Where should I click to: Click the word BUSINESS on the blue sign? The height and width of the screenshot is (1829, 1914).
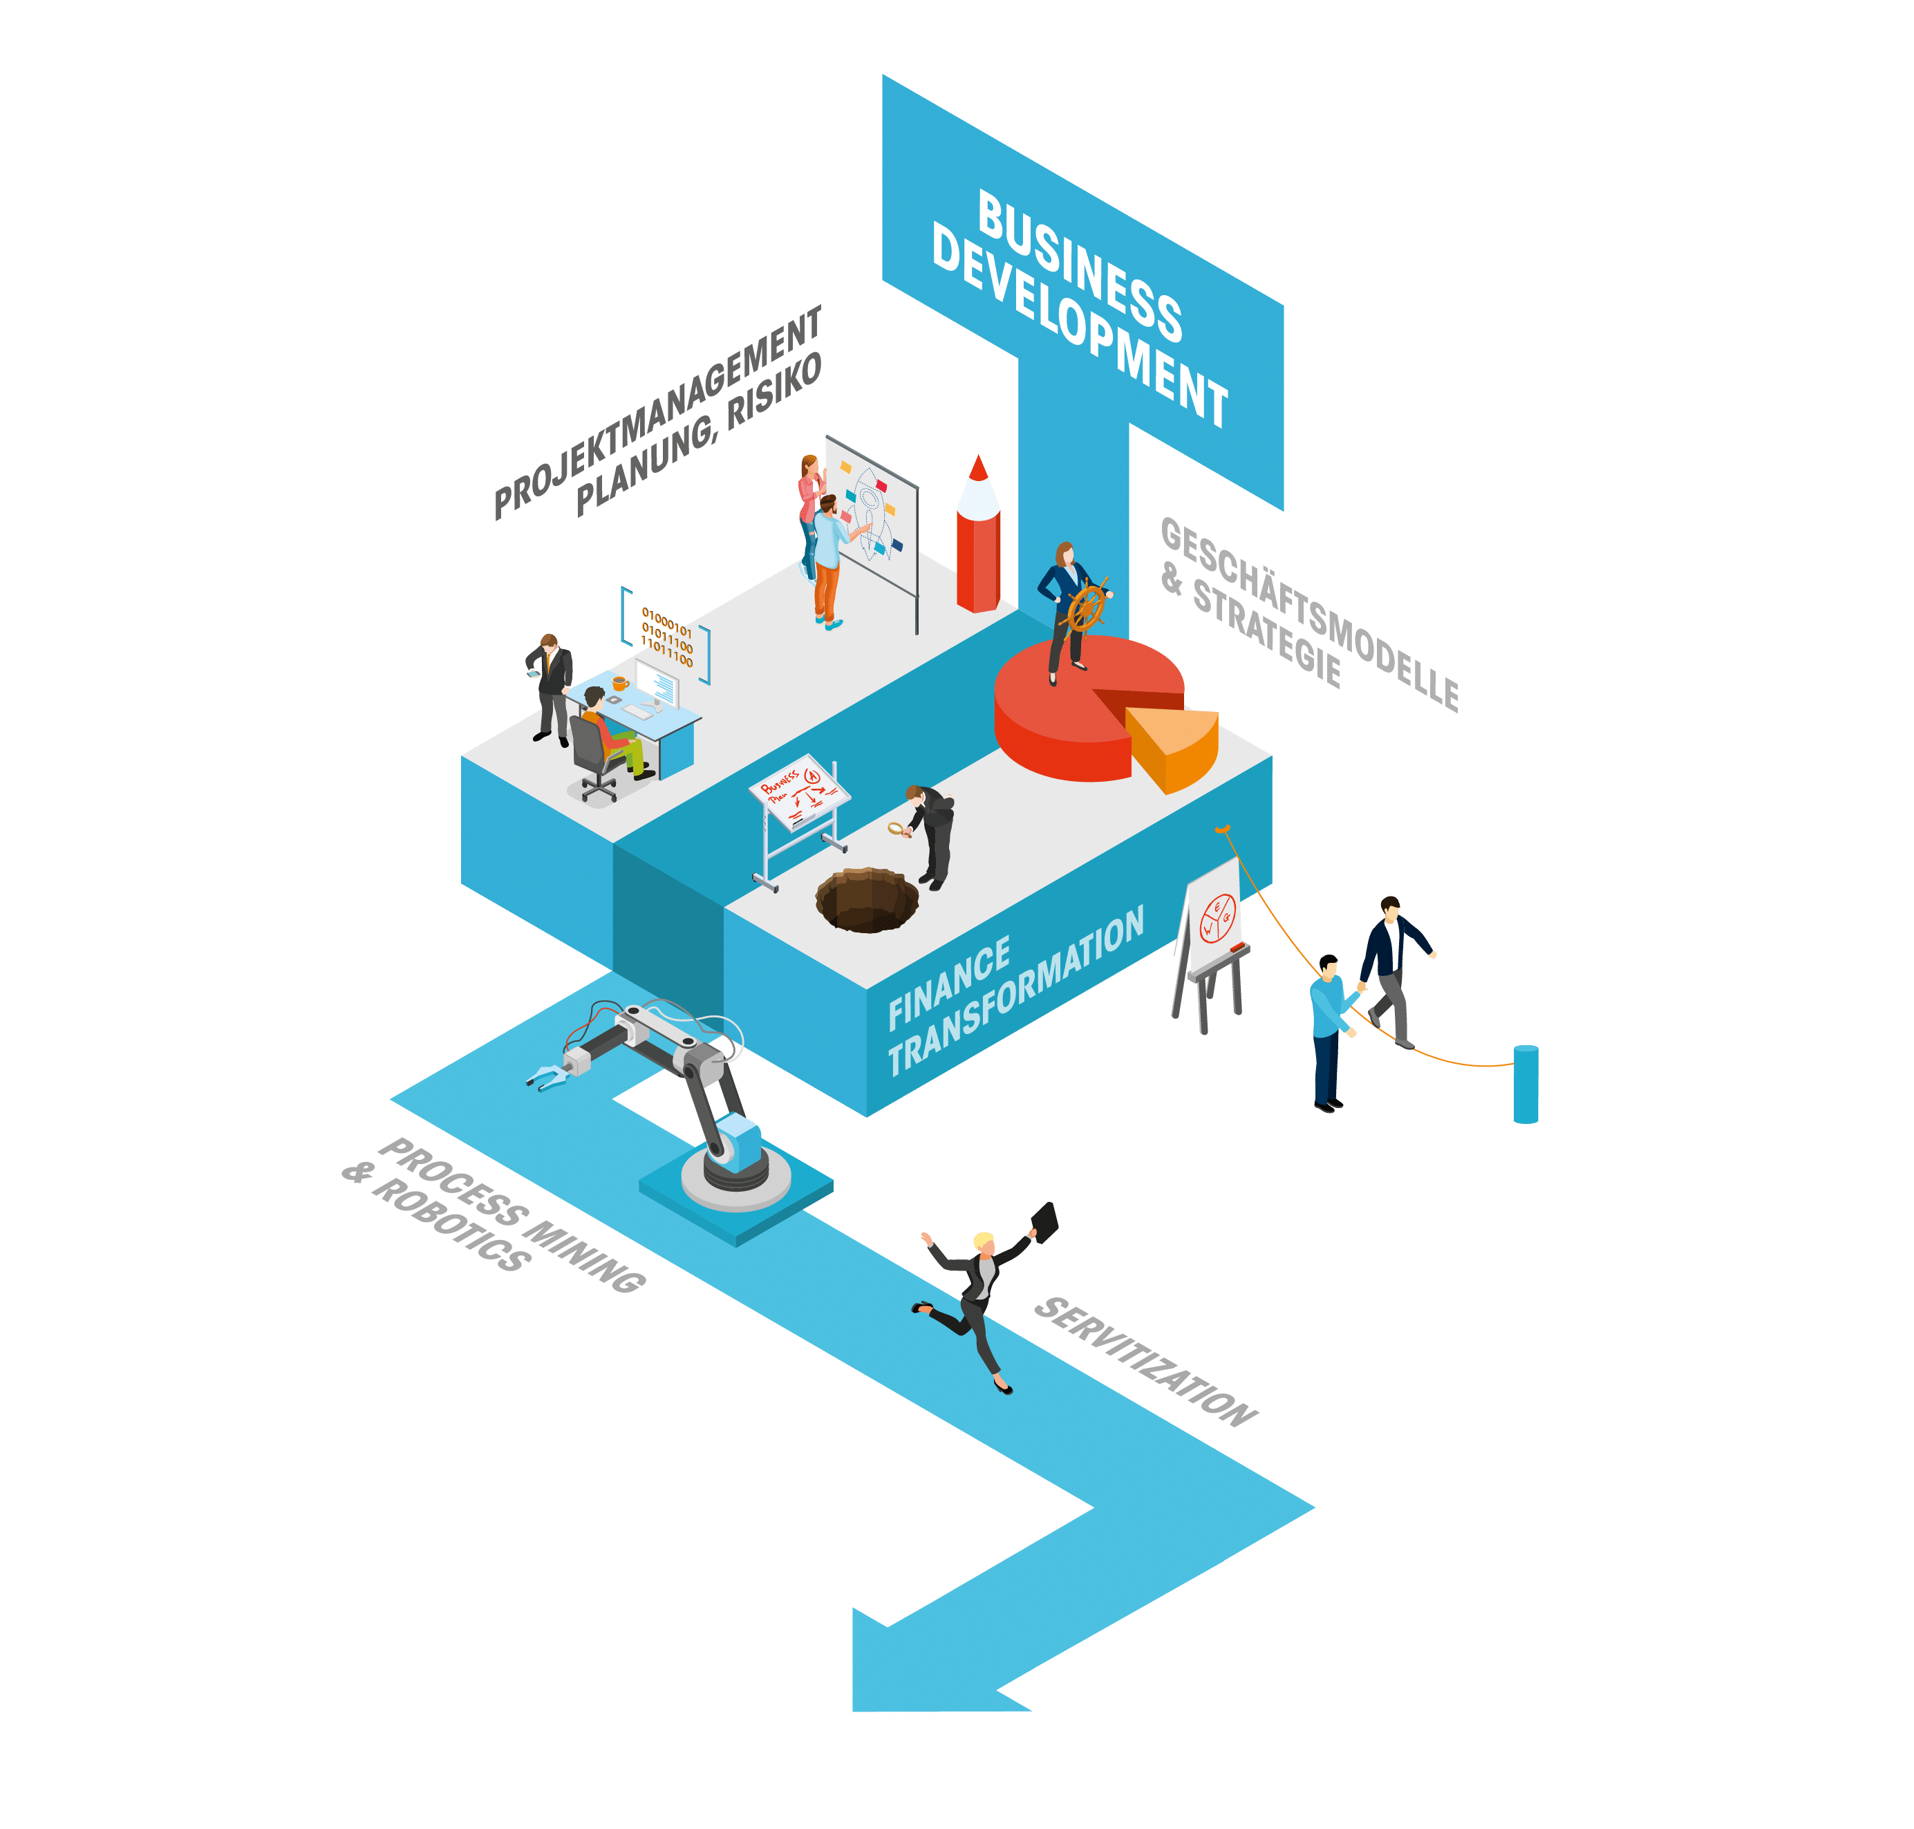pos(1080,265)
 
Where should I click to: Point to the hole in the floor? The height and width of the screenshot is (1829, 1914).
pos(866,899)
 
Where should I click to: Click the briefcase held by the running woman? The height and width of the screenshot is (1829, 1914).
pos(1044,1221)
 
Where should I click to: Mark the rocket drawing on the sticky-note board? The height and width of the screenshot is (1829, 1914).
pos(867,512)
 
